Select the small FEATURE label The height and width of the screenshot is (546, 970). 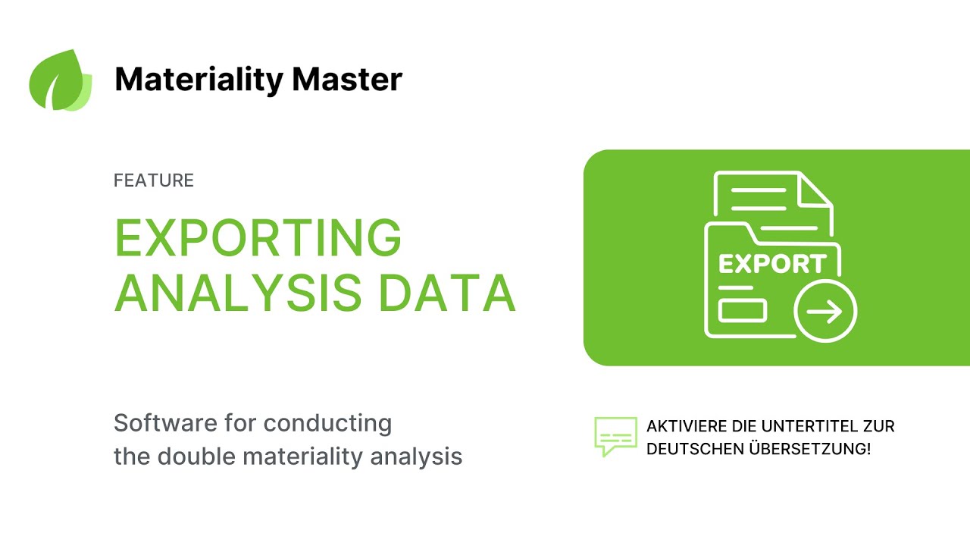pos(154,180)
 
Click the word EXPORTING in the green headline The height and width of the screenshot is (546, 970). pos(258,238)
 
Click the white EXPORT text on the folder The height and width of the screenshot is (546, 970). pos(771,264)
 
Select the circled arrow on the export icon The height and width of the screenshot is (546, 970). pos(825,312)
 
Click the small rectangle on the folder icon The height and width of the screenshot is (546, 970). pos(743,311)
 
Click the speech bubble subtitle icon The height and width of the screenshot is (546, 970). pos(615,436)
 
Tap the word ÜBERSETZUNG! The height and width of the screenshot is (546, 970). pos(809,448)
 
